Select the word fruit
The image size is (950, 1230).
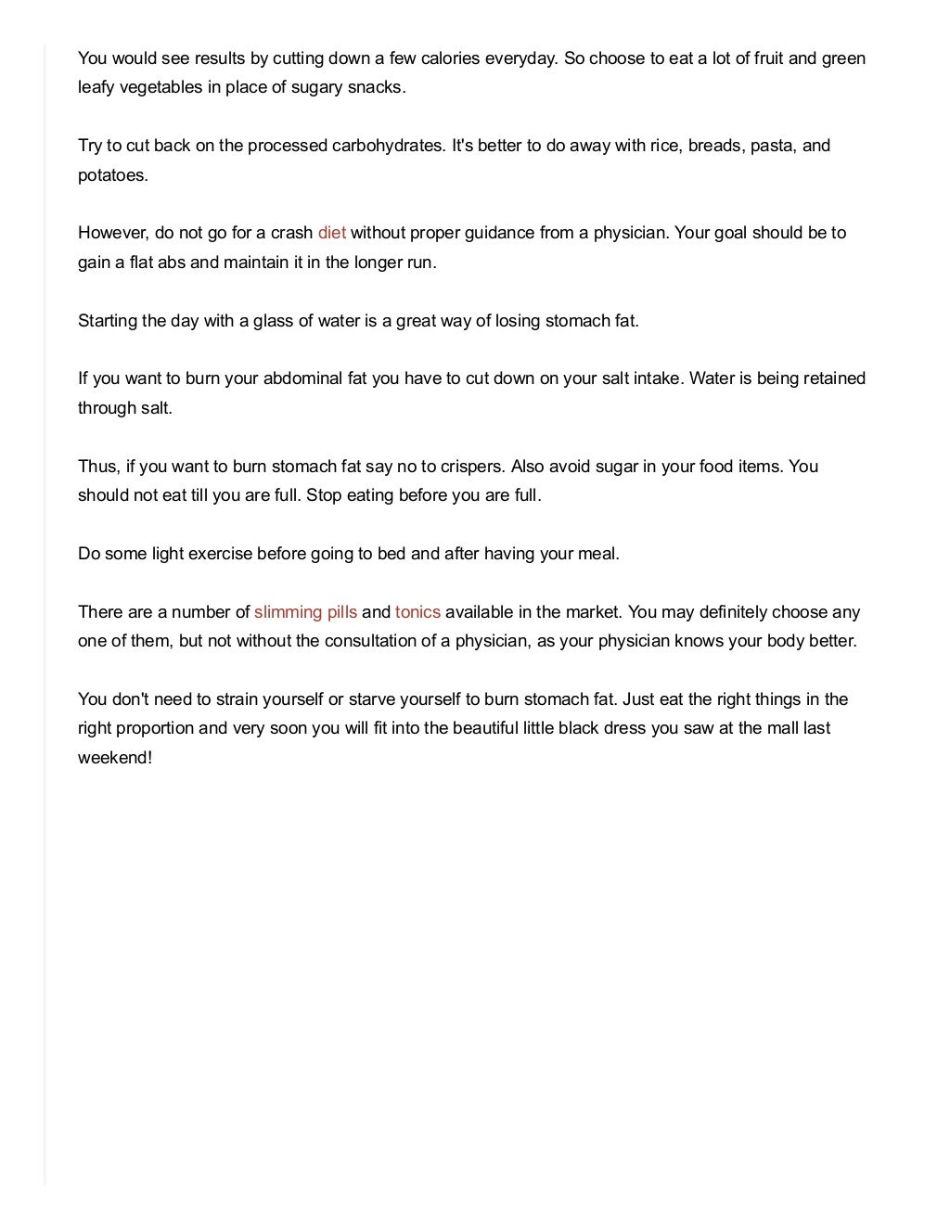point(765,58)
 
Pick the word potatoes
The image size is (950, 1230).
point(112,175)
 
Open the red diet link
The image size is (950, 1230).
point(332,233)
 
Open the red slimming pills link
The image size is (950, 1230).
point(305,612)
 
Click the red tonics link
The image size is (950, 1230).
point(417,612)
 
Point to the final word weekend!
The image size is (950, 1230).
point(114,757)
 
